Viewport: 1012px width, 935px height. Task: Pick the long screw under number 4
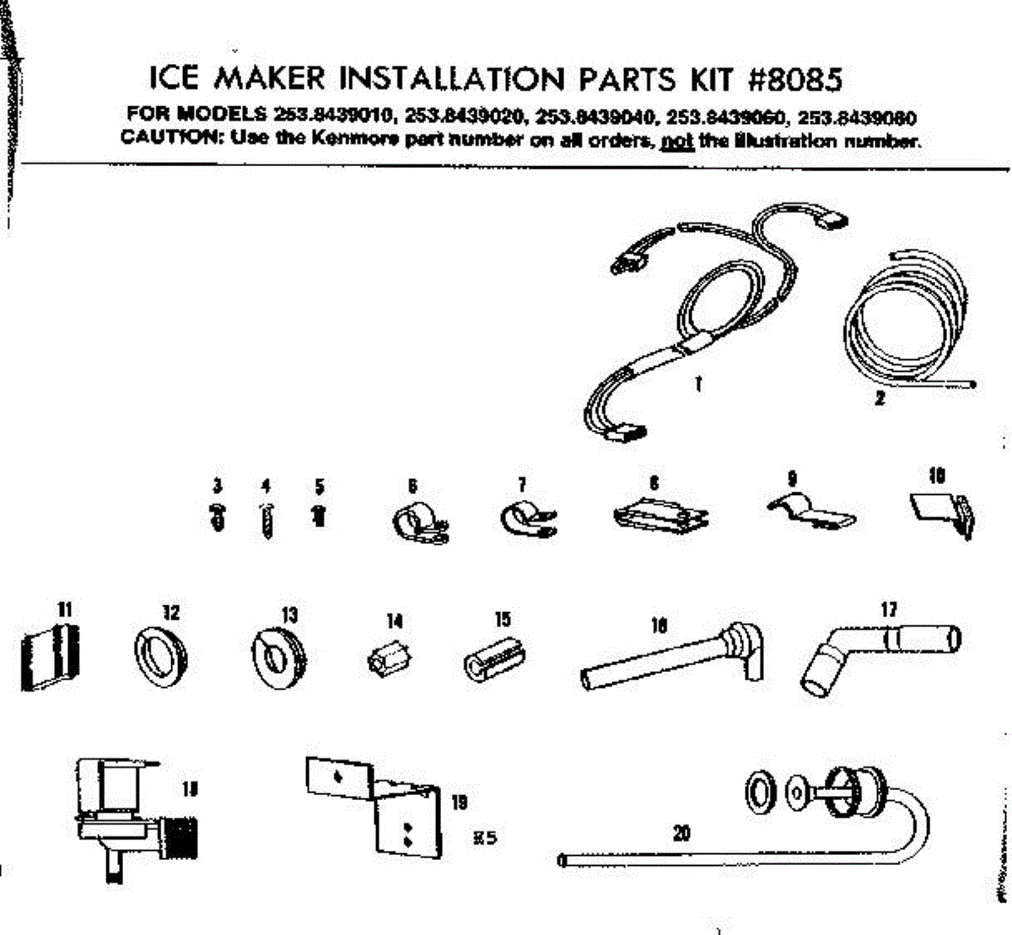coord(267,521)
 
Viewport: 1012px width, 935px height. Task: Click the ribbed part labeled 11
coord(49,656)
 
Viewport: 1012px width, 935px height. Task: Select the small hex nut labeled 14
coord(390,658)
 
